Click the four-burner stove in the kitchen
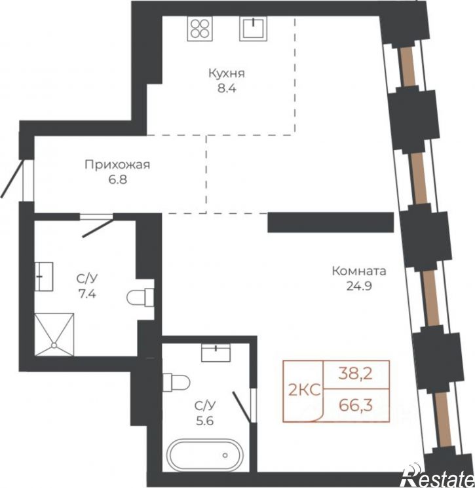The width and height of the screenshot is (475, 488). (200, 28)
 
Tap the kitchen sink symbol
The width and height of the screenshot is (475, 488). (254, 28)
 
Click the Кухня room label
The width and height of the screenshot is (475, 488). (227, 74)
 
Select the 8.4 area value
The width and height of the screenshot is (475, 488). (227, 88)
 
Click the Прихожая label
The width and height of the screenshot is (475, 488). (117, 165)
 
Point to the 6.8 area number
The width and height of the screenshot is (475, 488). (117, 180)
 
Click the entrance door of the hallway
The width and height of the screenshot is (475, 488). (12, 179)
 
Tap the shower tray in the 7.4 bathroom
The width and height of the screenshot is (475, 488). (54, 334)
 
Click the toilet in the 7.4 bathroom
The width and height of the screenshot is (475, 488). (140, 297)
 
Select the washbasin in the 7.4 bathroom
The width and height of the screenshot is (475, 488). (44, 276)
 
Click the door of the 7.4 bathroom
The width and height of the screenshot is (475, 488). (97, 226)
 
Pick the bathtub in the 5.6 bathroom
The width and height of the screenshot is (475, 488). (206, 455)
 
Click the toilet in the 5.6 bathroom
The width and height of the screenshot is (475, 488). (176, 383)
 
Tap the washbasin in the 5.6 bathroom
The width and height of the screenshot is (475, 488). (216, 353)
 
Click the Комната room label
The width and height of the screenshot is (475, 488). (359, 271)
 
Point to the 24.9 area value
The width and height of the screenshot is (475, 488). (359, 286)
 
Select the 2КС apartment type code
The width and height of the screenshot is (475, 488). (305, 390)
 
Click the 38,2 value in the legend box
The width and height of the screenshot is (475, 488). (356, 374)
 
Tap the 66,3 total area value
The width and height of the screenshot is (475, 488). (356, 406)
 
